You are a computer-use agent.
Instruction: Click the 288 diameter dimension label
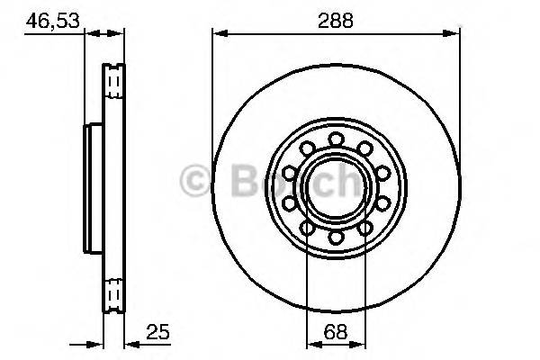pos(335,17)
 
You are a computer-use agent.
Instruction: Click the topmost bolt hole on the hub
pos(336,139)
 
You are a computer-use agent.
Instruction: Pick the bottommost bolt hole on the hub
pos(336,237)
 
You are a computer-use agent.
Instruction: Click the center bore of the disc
pos(336,187)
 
